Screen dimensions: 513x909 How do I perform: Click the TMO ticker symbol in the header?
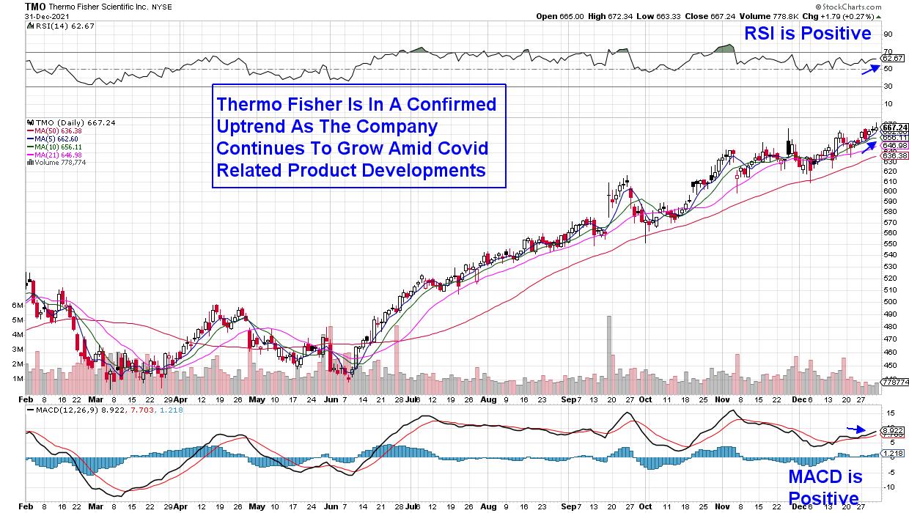[35, 5]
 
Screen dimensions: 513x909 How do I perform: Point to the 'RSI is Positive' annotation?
[807, 33]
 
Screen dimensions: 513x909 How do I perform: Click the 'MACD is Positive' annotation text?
[825, 487]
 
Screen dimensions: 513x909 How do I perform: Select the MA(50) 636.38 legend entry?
[56, 130]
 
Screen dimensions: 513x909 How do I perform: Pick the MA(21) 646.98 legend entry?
[56, 154]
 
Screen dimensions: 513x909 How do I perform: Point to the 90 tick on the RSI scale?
[888, 34]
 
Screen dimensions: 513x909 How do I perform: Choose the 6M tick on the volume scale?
[17, 304]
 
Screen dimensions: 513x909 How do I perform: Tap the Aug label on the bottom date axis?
[489, 401]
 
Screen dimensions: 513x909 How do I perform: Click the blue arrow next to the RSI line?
[870, 68]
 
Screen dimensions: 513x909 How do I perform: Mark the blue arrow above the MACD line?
[855, 429]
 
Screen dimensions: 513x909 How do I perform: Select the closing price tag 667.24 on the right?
[896, 127]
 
